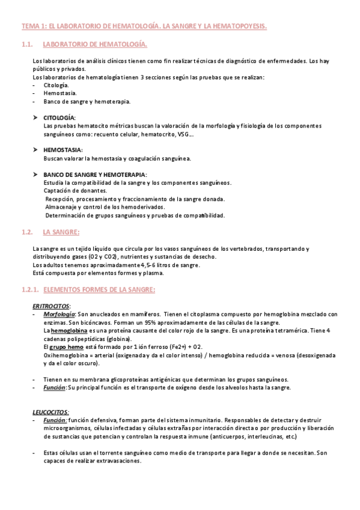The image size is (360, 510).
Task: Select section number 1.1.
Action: pyautogui.click(x=26, y=45)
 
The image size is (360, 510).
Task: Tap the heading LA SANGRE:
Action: pyautogui.click(x=61, y=232)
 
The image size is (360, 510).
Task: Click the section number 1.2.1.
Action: pyautogui.click(x=31, y=289)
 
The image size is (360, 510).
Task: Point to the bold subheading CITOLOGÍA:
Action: pyautogui.click(x=59, y=118)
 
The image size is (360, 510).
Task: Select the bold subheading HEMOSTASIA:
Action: pyautogui.click(x=63, y=150)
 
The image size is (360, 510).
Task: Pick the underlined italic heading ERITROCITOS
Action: pyautogui.click(x=51, y=306)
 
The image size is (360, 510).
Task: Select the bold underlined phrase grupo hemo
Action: pyautogui.click(x=67, y=347)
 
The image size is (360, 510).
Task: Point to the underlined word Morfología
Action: pyautogui.click(x=59, y=315)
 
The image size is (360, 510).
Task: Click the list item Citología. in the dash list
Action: pyautogui.click(x=56, y=85)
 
